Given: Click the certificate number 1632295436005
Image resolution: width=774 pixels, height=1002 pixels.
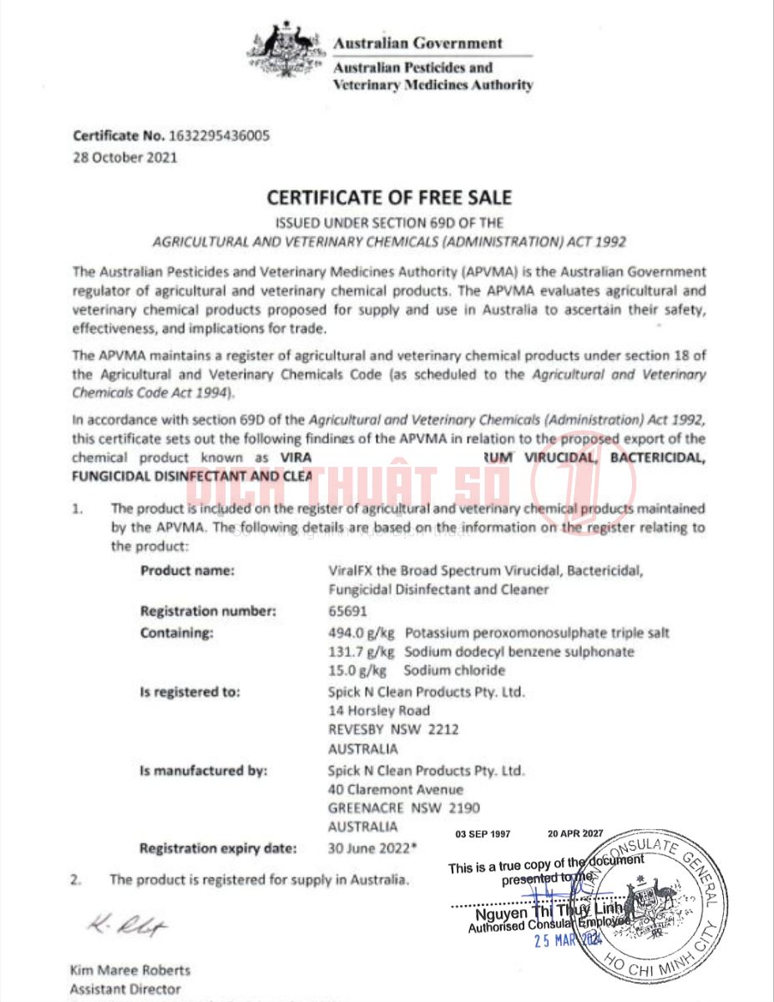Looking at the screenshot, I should coord(220,136).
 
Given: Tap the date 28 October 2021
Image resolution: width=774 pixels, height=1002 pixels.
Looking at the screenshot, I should coord(125,157).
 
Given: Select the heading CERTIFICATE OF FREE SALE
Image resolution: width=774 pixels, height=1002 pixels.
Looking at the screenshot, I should coord(388,198).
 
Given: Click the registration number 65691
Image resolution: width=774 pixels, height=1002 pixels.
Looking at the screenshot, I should coord(347,611).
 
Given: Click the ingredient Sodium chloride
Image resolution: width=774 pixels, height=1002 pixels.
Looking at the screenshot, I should coord(454,671).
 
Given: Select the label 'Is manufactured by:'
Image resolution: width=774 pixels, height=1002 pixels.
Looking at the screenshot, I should coord(203,771).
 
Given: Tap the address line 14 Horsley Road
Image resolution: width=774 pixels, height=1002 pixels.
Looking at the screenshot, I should coord(379,711).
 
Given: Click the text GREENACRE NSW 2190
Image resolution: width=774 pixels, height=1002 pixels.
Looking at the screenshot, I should coord(404,808).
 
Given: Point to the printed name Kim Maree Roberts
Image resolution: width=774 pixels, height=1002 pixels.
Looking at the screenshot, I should coord(129,970).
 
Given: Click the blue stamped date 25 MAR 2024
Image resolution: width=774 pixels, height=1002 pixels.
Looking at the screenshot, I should coord(568,939).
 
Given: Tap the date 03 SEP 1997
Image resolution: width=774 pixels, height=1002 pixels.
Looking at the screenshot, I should coord(483,833).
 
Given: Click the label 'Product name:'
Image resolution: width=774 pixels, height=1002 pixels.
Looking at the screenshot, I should coord(187,571).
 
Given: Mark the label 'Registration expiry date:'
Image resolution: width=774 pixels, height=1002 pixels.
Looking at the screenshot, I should coord(218,848).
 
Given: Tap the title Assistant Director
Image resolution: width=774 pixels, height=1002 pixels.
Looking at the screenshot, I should coord(124,989).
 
